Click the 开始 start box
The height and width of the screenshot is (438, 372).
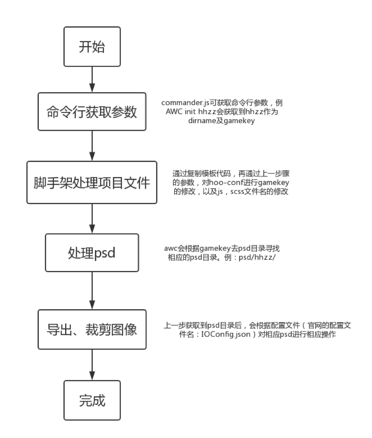coord(92,47)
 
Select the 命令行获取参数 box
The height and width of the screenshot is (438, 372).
coord(92,112)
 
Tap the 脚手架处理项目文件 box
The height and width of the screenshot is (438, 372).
coord(92,183)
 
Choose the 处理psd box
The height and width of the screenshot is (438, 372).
coord(92,253)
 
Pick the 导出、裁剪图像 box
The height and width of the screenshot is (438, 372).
coord(92,329)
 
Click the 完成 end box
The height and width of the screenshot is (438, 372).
coord(92,401)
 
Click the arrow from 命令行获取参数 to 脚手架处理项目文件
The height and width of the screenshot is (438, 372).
coord(92,146)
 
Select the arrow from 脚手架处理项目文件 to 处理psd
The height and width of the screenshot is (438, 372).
coord(92,219)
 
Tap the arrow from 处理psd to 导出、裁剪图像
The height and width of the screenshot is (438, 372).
coord(92,291)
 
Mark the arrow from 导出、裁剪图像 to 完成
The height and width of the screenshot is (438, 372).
coord(92,365)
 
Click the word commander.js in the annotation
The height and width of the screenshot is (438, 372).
coord(183,103)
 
